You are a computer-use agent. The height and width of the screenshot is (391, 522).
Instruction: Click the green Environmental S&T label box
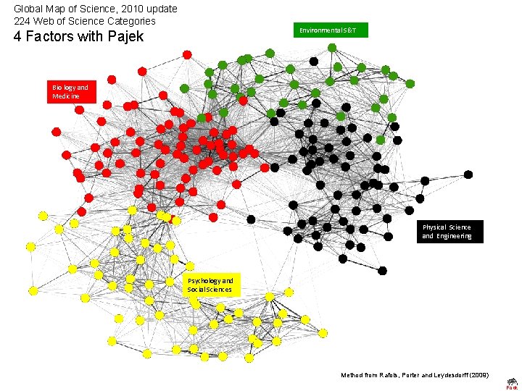(331, 30)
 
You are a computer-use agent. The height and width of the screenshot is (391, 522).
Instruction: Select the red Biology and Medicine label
(71, 92)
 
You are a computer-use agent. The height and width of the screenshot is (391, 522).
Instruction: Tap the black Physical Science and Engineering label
(447, 231)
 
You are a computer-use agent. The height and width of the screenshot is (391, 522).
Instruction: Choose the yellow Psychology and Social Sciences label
(210, 285)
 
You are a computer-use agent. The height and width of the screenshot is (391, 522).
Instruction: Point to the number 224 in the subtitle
(22, 20)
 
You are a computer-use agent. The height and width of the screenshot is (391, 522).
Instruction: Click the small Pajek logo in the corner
(512, 382)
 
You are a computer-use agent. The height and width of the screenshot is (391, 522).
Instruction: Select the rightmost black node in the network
(468, 175)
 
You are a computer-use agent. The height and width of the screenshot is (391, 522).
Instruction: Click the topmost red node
(187, 54)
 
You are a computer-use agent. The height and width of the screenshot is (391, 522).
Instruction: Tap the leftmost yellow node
(30, 247)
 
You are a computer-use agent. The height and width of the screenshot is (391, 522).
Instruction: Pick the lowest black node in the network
(382, 271)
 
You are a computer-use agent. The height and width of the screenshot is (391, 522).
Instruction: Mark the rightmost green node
(410, 84)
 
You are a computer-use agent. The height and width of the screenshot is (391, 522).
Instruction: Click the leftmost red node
(56, 132)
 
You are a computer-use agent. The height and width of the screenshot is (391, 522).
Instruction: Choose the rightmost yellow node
(323, 333)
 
